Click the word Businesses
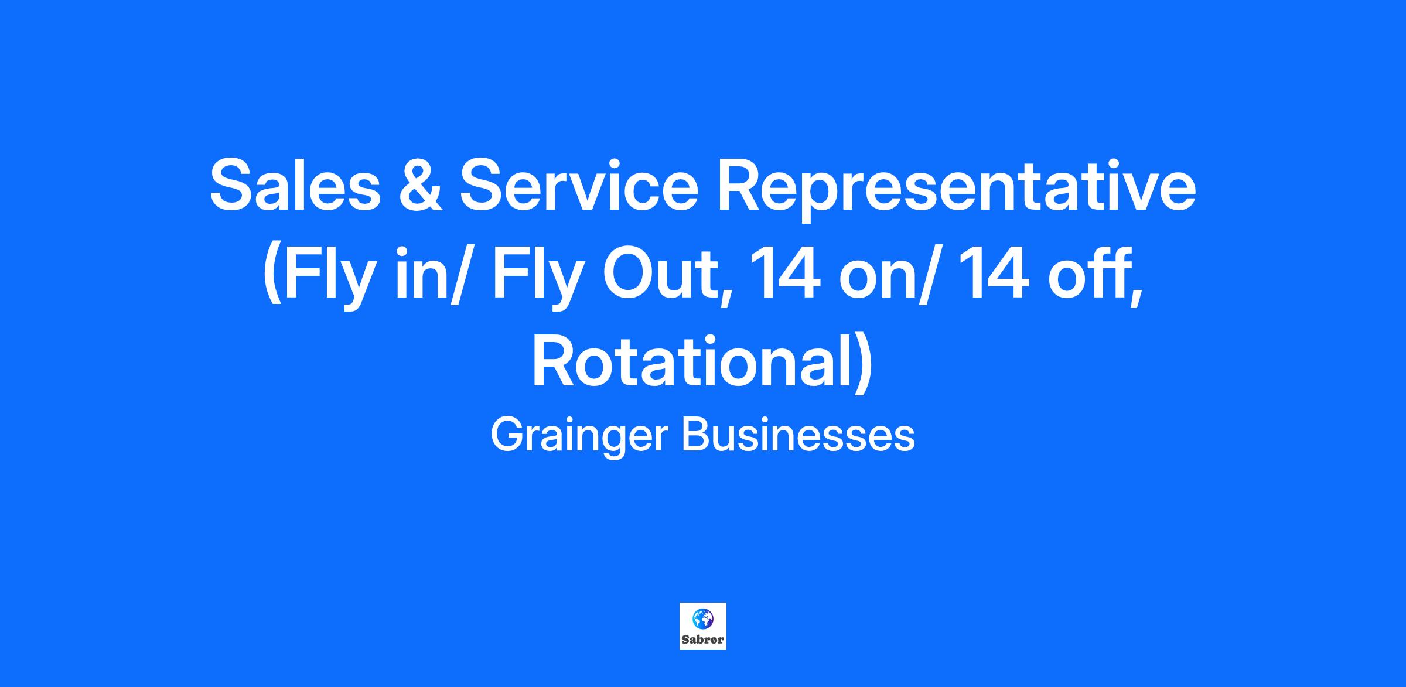pyautogui.click(x=798, y=436)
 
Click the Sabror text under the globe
pyautogui.click(x=703, y=640)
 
